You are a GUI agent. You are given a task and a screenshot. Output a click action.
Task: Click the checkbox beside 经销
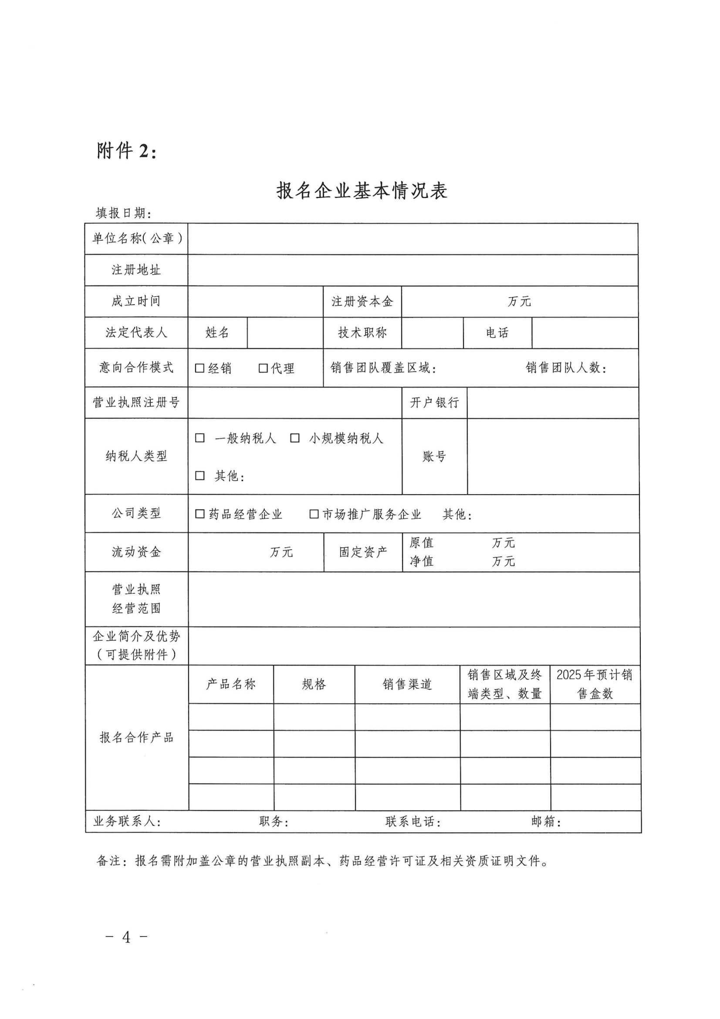pyautogui.click(x=199, y=368)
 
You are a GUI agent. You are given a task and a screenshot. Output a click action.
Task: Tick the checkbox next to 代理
pyautogui.click(x=263, y=368)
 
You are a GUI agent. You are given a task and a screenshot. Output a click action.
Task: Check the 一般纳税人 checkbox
pyautogui.click(x=200, y=438)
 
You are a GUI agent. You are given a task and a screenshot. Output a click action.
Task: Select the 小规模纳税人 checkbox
pyautogui.click(x=294, y=438)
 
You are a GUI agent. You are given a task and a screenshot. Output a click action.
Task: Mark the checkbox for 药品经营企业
pyautogui.click(x=200, y=514)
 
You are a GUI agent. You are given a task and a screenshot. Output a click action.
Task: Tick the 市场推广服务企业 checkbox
pyautogui.click(x=314, y=514)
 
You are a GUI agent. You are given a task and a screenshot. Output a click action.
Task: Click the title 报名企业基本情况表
pyautogui.click(x=362, y=191)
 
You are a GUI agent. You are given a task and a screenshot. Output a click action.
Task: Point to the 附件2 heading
pyautogui.click(x=126, y=151)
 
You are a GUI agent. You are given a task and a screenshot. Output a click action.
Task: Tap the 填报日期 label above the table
pyautogui.click(x=123, y=214)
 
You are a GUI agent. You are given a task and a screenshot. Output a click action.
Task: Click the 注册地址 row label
pyautogui.click(x=136, y=270)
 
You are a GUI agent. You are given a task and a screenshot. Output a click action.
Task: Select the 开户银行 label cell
pyautogui.click(x=434, y=403)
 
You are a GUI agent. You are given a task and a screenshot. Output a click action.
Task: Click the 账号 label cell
pyautogui.click(x=434, y=456)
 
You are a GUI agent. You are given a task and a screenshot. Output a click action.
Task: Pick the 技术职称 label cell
pyautogui.click(x=362, y=333)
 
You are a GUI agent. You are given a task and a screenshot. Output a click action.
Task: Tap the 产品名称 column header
pyautogui.click(x=231, y=684)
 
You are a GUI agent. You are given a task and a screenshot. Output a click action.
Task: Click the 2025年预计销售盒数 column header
pyautogui.click(x=595, y=684)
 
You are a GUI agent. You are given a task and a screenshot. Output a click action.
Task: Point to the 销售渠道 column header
pyautogui.click(x=407, y=684)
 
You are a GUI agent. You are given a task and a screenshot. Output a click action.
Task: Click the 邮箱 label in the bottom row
pyautogui.click(x=546, y=822)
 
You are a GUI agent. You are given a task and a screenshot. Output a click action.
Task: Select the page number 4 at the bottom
pyautogui.click(x=126, y=937)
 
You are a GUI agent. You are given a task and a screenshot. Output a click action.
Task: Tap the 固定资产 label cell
pyautogui.click(x=363, y=552)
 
